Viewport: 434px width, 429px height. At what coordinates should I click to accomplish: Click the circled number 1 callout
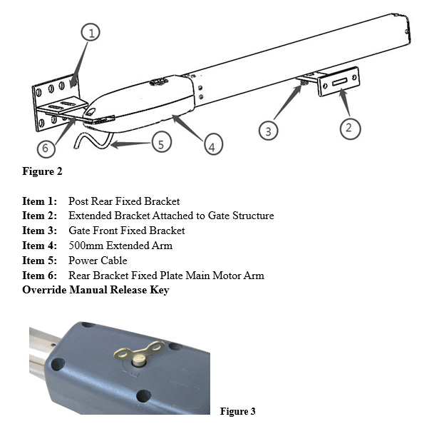[91, 32]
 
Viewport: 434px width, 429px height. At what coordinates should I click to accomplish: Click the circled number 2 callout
[348, 128]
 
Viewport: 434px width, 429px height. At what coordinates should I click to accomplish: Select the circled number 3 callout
[268, 131]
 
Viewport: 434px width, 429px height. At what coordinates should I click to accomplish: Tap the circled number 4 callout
[212, 146]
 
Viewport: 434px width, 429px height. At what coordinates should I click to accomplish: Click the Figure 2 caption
[43, 171]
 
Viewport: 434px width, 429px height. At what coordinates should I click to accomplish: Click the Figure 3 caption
[237, 411]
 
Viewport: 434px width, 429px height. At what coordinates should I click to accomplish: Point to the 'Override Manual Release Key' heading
[95, 290]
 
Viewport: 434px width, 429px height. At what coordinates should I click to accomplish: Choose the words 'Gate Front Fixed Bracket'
[127, 231]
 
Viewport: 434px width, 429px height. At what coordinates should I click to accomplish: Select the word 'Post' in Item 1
[79, 201]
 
